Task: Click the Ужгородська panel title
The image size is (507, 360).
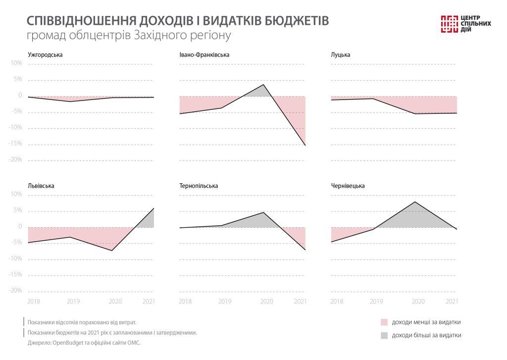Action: coord(45,54)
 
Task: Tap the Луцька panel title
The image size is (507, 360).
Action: coord(340,54)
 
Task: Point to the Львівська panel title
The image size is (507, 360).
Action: coord(41,186)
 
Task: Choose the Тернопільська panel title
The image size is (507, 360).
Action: coord(199,186)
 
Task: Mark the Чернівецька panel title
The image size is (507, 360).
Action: coord(348,186)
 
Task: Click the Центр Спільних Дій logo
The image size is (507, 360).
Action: coord(465,24)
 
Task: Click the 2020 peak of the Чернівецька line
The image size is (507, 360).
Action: coord(414,202)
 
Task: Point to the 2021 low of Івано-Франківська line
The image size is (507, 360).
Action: coord(305,146)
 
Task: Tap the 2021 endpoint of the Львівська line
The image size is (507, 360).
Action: coord(154,208)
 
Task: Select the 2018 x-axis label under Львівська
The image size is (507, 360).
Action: coord(34,301)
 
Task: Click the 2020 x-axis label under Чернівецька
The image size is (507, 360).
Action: coord(418,301)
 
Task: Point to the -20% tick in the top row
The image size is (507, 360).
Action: coord(16,160)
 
